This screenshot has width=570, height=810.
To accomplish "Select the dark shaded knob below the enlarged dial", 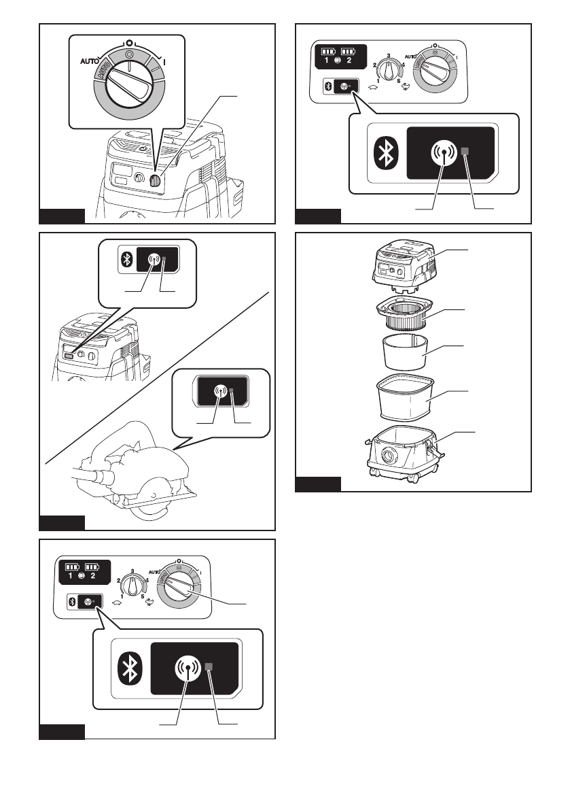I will [155, 181].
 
